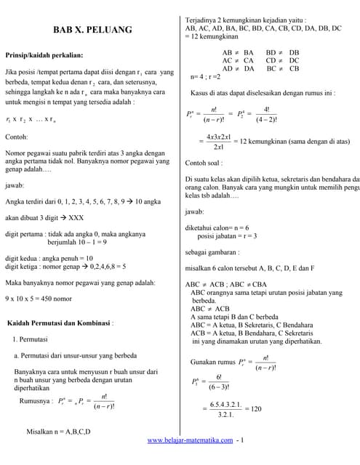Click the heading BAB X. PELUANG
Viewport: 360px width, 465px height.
(92, 30)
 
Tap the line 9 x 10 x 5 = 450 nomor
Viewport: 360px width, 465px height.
(39, 299)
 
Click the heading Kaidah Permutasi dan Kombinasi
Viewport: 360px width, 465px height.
(60, 323)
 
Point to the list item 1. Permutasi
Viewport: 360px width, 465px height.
(31, 339)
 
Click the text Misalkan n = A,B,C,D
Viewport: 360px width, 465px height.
(58, 432)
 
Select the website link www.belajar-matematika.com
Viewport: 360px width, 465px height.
(191, 440)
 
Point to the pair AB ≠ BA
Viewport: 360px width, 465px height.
(238, 53)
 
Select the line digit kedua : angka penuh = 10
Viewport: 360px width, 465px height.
(49, 257)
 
